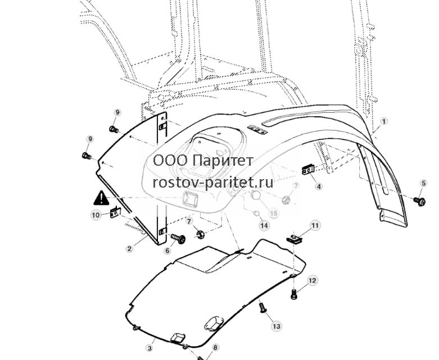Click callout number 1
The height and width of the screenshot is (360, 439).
pos(384,121)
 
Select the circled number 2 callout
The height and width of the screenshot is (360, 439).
pos(129,248)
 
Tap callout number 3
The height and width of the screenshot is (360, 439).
pos(150,348)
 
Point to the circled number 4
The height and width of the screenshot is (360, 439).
pos(319,186)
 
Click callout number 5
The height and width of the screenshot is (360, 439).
pos(424,183)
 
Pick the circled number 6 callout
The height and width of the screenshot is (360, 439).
pos(167,250)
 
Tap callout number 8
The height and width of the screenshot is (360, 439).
pos(215,348)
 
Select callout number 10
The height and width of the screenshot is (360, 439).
pos(96,215)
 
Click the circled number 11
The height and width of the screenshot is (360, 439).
pos(315,225)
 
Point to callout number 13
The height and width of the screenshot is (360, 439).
pos(277,326)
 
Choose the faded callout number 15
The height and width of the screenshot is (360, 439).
pos(274,213)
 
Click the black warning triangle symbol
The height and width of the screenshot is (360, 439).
pos(101,198)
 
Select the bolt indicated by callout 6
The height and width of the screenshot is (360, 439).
pos(178,238)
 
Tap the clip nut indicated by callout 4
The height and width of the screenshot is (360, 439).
pos(308,170)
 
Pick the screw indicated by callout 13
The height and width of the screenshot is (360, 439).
pos(263,308)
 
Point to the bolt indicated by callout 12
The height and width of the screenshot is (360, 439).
pos(293,294)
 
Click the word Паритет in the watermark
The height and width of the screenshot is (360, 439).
pos(223,161)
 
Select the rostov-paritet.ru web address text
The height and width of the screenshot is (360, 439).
pos(213,183)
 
